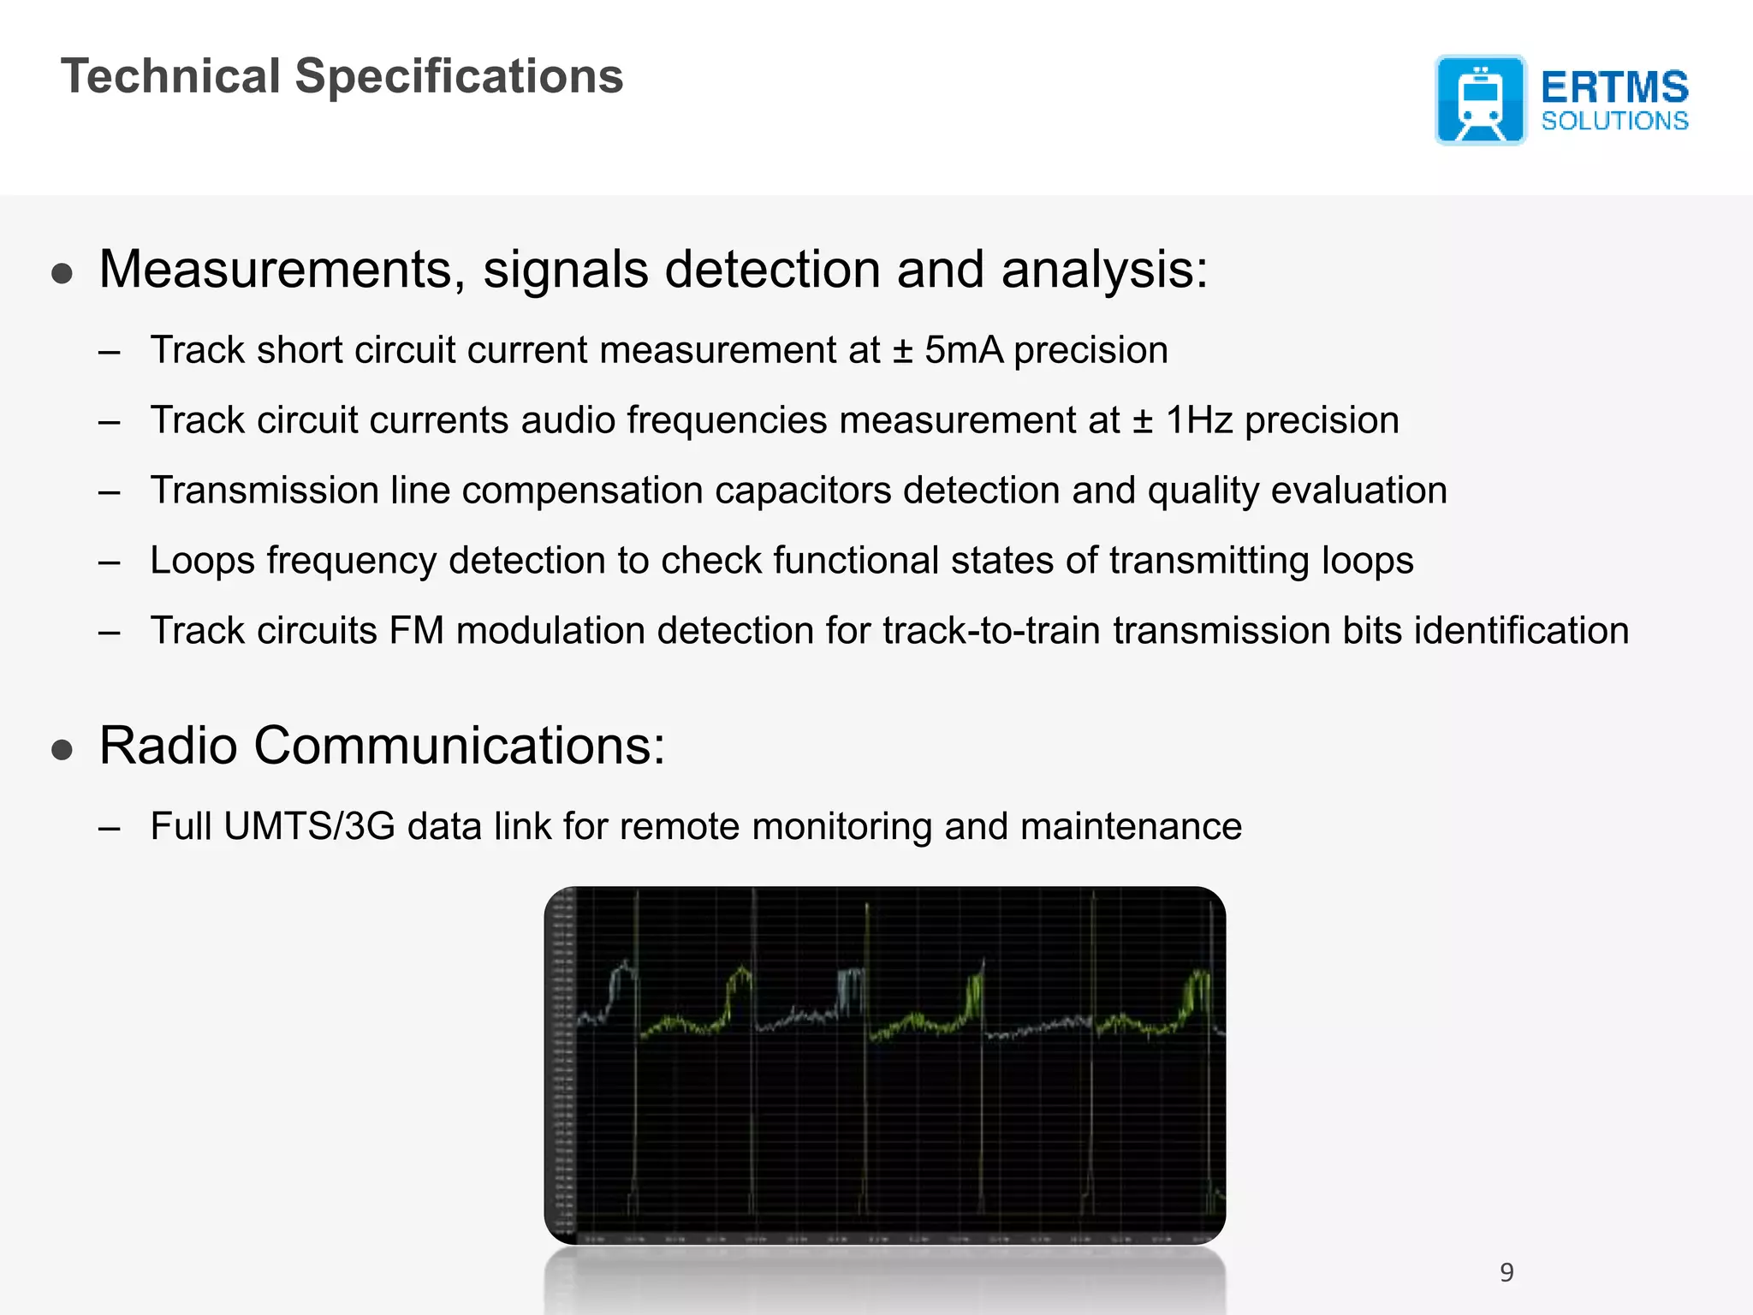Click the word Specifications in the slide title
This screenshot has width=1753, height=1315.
point(459,77)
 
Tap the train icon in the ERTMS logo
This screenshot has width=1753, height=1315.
point(1480,100)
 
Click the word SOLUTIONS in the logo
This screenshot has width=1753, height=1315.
point(1614,121)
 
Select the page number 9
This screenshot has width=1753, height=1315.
point(1506,1272)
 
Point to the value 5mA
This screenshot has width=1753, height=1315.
point(963,350)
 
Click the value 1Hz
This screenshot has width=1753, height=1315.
point(1198,420)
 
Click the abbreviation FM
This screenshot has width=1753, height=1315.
point(416,631)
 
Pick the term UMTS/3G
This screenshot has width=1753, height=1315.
point(309,826)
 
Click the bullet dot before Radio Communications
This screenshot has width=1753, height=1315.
point(62,750)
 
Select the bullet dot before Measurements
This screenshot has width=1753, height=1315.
point(62,274)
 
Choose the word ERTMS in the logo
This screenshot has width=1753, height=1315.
point(1614,87)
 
